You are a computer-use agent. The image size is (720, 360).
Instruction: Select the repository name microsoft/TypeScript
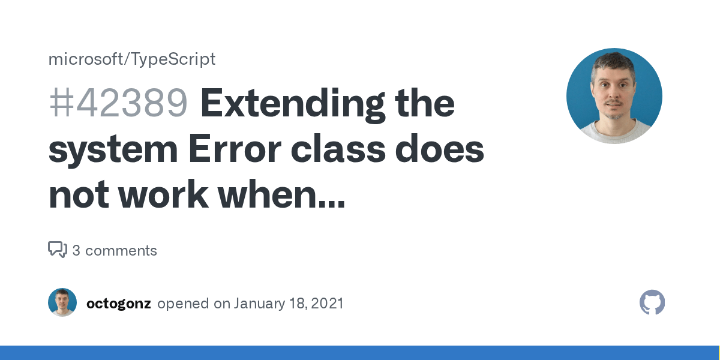(131, 59)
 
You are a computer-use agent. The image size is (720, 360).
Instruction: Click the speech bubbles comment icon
(58, 250)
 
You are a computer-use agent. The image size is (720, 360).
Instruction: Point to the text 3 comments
(115, 251)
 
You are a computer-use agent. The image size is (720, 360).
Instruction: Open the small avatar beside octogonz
(62, 302)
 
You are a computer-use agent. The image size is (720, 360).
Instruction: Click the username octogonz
(118, 304)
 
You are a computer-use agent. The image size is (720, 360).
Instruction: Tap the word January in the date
(259, 304)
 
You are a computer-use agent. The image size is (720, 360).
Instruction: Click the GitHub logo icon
(652, 302)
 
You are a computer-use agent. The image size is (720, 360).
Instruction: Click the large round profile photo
(614, 96)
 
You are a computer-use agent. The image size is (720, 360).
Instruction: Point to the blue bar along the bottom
(360, 353)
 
